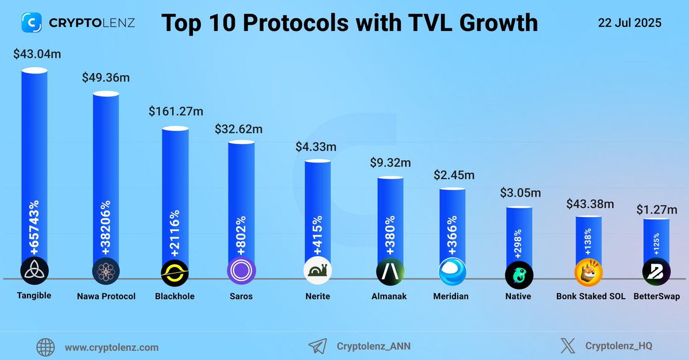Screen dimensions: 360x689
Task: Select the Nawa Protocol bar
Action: click(106, 172)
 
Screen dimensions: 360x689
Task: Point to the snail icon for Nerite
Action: click(317, 271)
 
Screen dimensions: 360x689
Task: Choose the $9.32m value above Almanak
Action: click(390, 163)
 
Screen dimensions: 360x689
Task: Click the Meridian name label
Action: click(451, 296)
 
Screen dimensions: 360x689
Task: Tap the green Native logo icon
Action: click(519, 274)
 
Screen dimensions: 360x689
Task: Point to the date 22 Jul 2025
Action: click(630, 23)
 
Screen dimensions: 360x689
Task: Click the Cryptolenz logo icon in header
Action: click(32, 23)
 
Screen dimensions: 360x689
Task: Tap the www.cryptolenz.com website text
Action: click(111, 347)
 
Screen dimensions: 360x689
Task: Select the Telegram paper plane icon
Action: click(318, 346)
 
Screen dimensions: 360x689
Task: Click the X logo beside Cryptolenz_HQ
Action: click(567, 346)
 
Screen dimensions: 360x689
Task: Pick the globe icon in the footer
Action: click(45, 347)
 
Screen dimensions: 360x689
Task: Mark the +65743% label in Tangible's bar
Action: click(34, 228)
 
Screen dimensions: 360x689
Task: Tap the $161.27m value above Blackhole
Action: click(175, 110)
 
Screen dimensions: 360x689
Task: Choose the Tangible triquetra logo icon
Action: click(34, 271)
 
